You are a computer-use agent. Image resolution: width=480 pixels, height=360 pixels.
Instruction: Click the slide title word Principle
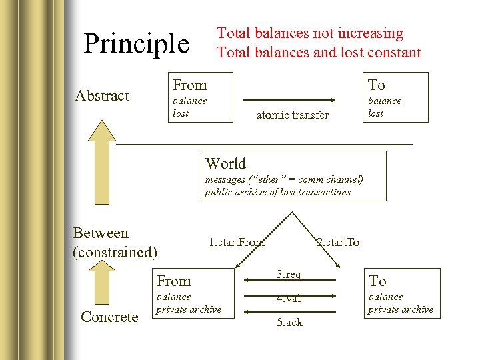136,44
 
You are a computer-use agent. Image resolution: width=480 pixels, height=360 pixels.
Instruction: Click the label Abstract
102,96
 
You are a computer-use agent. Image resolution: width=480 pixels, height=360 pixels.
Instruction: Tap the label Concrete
109,317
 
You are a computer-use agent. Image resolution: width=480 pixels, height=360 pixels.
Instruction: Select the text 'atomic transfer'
293,115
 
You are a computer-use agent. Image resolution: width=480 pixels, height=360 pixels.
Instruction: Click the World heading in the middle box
225,163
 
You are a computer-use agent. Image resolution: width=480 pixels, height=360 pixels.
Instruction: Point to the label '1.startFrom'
237,242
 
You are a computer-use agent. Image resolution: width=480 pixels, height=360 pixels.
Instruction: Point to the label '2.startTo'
338,242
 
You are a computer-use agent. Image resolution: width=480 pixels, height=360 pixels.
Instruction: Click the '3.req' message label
289,274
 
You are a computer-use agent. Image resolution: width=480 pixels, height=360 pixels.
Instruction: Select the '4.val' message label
289,298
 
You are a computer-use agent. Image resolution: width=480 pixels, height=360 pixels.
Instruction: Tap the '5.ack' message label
289,322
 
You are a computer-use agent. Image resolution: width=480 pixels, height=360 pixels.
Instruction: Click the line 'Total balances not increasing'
310,33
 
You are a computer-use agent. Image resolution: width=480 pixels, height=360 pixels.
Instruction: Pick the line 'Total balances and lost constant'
319,52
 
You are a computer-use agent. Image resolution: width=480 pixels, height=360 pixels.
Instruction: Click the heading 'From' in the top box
190,85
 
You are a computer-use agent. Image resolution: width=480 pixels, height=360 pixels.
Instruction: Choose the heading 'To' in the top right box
377,85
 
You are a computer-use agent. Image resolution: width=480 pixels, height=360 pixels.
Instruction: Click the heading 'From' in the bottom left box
173,281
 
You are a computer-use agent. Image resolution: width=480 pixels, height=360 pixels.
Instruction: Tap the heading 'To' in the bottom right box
378,281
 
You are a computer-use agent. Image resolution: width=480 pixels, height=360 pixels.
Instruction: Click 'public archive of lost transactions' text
277,192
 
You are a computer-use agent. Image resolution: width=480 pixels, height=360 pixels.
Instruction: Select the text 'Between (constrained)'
115,243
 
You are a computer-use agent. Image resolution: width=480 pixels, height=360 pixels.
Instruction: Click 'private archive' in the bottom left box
189,309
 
